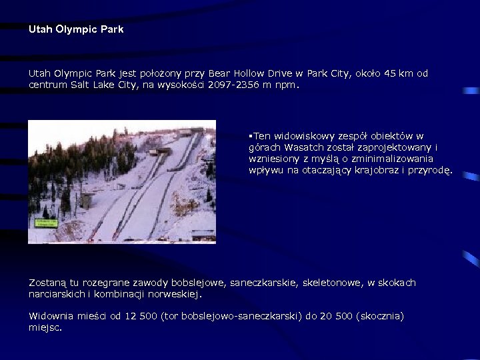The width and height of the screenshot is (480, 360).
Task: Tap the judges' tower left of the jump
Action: (x=87, y=199)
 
